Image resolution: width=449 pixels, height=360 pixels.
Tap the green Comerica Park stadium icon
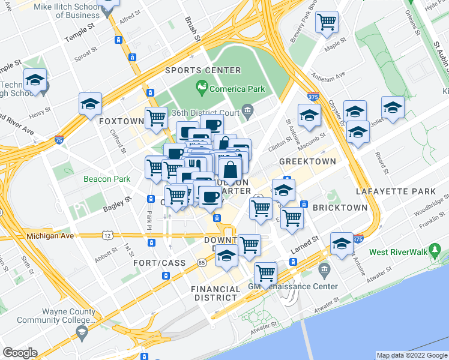point(202,89)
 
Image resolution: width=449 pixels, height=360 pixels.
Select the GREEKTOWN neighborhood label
point(307,162)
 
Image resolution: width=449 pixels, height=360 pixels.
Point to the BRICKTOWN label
point(340,208)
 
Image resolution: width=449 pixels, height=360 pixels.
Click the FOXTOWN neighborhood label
point(121,121)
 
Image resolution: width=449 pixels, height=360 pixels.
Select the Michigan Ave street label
point(50,236)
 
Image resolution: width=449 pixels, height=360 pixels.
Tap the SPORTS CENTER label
point(203,71)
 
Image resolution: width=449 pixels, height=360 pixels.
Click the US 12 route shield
point(107,236)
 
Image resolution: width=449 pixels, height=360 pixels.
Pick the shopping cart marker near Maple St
point(328,23)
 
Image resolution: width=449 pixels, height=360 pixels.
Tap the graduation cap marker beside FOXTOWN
point(90,104)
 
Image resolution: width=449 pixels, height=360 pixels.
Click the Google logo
point(20,353)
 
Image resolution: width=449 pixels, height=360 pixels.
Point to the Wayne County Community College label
point(68,316)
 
